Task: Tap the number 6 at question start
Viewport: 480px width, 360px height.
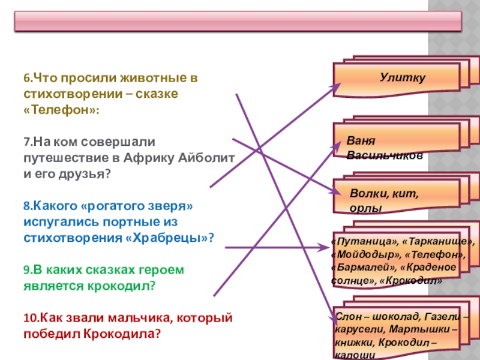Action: [26, 78]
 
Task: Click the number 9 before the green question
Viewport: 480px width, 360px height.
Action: [26, 269]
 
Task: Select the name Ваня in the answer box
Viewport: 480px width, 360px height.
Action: [360, 142]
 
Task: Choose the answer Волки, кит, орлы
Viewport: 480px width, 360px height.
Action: [384, 200]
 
